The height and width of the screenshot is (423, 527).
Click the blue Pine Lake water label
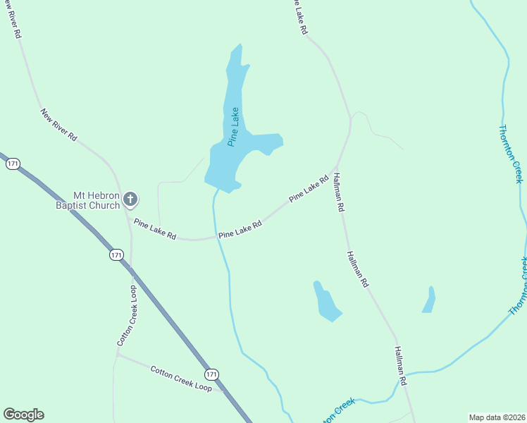click(234, 127)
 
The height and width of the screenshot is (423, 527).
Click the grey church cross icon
click(130, 200)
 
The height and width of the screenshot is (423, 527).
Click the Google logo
click(23, 415)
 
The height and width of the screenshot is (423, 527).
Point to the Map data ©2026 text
click(496, 417)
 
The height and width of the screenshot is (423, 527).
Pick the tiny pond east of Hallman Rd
click(429, 300)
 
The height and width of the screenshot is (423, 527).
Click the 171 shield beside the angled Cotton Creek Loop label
click(212, 373)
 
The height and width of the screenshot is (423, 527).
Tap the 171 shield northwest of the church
click(13, 164)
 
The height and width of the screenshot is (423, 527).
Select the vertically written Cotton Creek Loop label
click(127, 315)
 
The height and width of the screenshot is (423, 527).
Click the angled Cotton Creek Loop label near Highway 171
click(181, 378)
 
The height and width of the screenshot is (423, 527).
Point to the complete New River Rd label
click(58, 125)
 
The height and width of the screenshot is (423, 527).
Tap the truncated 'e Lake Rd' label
click(300, 17)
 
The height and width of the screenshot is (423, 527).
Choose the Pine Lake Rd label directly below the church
click(155, 230)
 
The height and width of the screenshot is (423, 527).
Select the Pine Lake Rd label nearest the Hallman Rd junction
click(309, 190)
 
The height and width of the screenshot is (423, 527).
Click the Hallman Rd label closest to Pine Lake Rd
click(338, 193)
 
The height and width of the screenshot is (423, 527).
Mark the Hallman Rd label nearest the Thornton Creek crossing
click(401, 365)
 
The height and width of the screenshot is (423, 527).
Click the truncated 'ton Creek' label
click(339, 410)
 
